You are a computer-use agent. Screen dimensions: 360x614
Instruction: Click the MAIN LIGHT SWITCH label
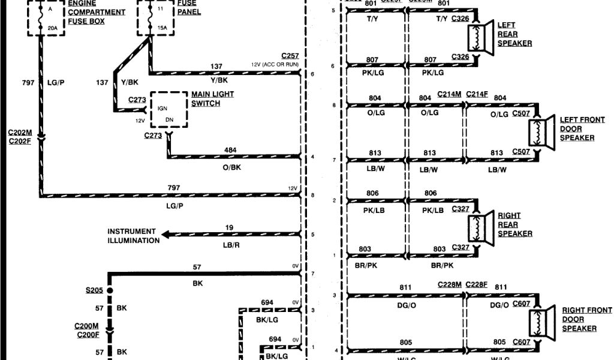(212, 99)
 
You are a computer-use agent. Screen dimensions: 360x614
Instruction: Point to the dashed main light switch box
(168, 110)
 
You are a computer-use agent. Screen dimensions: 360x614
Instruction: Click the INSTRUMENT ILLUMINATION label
(133, 236)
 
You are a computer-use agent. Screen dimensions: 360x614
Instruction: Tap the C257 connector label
(290, 55)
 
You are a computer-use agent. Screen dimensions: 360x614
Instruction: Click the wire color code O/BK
(231, 168)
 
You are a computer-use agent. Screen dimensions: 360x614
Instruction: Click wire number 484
(230, 149)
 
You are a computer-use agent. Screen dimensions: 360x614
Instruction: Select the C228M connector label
(449, 284)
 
